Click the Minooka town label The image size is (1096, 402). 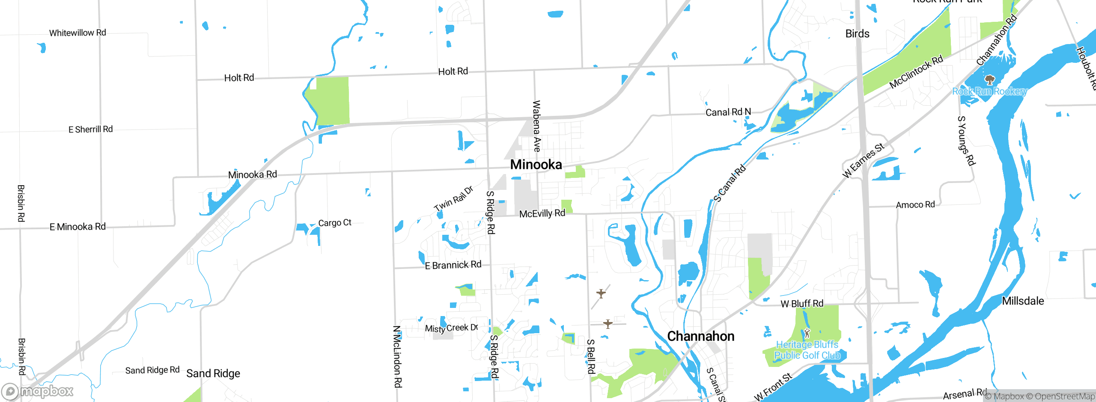536,165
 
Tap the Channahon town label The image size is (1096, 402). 701,337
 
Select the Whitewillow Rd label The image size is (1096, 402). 77,33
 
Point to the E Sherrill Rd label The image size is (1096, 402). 91,129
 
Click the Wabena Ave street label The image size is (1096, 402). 536,126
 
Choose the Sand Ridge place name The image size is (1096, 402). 213,373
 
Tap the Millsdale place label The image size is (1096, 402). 1023,301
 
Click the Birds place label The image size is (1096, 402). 857,34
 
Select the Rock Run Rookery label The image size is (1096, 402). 989,91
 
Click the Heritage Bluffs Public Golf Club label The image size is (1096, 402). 807,350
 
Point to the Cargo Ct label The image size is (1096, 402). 335,223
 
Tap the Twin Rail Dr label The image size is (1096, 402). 453,198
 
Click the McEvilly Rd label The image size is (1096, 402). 542,213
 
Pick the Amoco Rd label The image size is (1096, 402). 915,205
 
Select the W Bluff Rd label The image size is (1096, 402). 802,304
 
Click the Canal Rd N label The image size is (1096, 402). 728,112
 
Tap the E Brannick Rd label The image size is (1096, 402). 453,265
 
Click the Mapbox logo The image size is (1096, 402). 38,391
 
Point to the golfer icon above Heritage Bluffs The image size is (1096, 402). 807,333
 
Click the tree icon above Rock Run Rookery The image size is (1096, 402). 989,80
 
